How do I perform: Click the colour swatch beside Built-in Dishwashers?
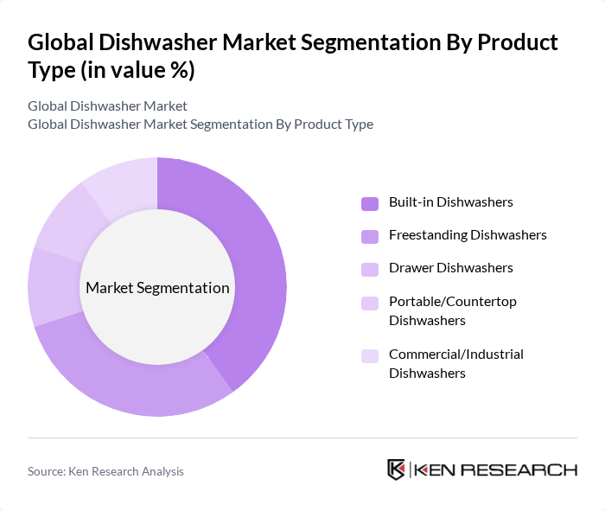tap(370, 203)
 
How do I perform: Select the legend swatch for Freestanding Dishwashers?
tap(370, 236)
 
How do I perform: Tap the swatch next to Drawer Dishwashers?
tap(370, 269)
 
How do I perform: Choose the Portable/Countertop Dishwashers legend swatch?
tap(370, 303)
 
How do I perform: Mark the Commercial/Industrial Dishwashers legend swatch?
tap(370, 355)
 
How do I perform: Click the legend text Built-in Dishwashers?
tap(450, 202)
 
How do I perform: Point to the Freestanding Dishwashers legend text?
tap(468, 235)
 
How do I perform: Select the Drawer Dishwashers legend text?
tap(450, 268)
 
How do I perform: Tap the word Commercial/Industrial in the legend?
tap(456, 355)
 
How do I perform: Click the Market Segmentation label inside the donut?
tap(157, 288)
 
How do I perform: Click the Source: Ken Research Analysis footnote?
tap(105, 471)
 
